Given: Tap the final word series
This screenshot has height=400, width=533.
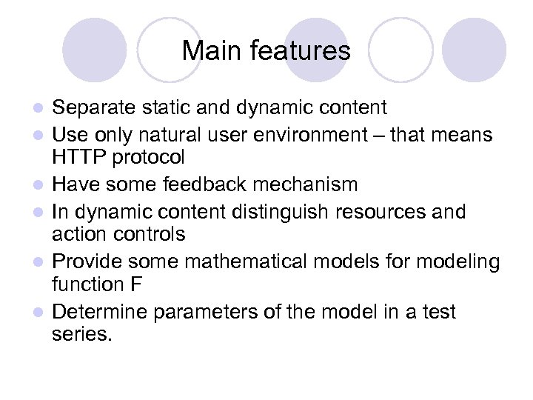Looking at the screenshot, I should tap(82, 336).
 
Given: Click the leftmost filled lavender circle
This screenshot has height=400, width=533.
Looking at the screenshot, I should tap(95, 50).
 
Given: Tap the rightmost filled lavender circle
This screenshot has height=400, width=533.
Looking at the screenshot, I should tap(474, 50).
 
